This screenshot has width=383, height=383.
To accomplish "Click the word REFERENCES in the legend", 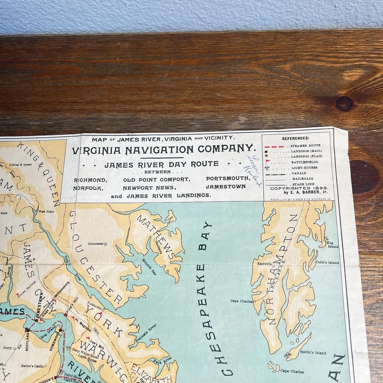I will pos(296,138).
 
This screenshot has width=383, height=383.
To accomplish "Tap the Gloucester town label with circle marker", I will pos(96,243).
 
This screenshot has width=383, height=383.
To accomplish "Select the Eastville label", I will pos(265,264).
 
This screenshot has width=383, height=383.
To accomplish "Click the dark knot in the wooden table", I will pos(344,104).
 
